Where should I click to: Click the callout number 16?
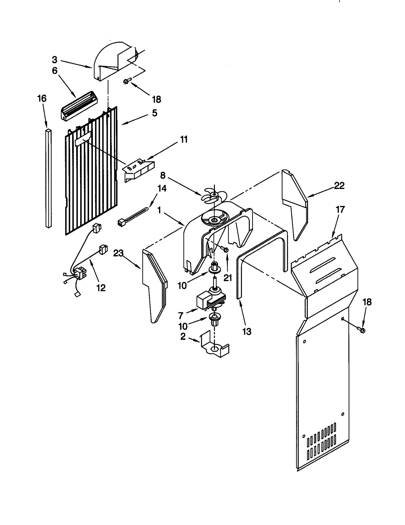tap(42, 98)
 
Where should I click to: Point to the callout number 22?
tap(339, 186)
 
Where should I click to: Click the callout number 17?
tap(340, 210)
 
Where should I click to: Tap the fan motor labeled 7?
tap(211, 300)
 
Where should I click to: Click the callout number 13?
tap(247, 331)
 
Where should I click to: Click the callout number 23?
tap(118, 254)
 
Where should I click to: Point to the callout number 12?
tap(101, 288)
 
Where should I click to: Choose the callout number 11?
tap(184, 139)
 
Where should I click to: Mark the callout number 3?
tap(55, 60)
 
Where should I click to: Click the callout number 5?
tap(154, 113)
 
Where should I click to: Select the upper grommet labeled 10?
tap(214, 268)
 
